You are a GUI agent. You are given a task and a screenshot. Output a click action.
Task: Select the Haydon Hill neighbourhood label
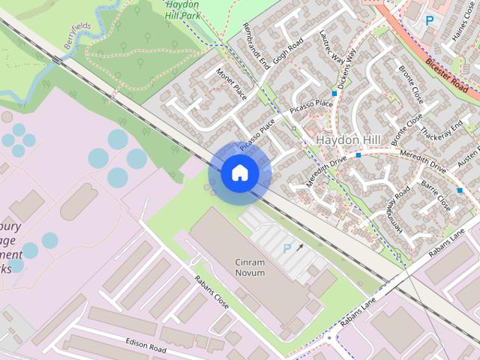click(x=349, y=140)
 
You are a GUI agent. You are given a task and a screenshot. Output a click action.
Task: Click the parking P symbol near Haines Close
click(x=429, y=21)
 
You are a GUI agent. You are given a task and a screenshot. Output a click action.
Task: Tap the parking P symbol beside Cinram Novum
click(x=285, y=247)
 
